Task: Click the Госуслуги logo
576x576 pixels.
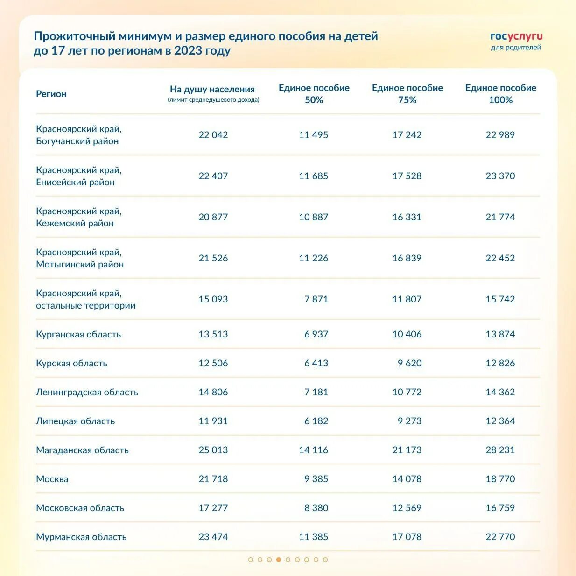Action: pyautogui.click(x=516, y=37)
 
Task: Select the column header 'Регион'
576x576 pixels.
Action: pyautogui.click(x=51, y=94)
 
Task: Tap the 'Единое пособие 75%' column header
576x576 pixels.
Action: pyautogui.click(x=407, y=94)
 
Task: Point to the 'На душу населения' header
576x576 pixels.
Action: pyautogui.click(x=212, y=89)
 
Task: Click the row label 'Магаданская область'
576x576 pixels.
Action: pyautogui.click(x=82, y=450)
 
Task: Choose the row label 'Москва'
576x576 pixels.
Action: pyautogui.click(x=52, y=479)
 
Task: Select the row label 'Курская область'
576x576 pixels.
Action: pyautogui.click(x=71, y=363)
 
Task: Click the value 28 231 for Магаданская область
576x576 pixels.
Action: pyautogui.click(x=500, y=450)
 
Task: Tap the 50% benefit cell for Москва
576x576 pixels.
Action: pyautogui.click(x=316, y=479)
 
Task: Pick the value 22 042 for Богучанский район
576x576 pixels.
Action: pyautogui.click(x=213, y=135)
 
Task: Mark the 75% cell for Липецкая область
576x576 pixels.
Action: pyautogui.click(x=409, y=421)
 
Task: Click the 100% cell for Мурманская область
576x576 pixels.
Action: pyautogui.click(x=500, y=537)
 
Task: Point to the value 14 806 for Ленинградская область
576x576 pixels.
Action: pyautogui.click(x=213, y=392)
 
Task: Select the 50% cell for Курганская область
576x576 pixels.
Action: pyautogui.click(x=316, y=334)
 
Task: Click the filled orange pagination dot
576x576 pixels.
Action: pyautogui.click(x=279, y=560)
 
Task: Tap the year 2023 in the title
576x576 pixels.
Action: pyautogui.click(x=188, y=50)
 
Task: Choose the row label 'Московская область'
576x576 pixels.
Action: pyautogui.click(x=80, y=508)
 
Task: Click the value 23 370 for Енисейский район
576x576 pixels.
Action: pyautogui.click(x=500, y=176)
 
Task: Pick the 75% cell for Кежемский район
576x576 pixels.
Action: pyautogui.click(x=407, y=217)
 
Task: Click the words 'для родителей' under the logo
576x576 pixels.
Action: pyautogui.click(x=516, y=48)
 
